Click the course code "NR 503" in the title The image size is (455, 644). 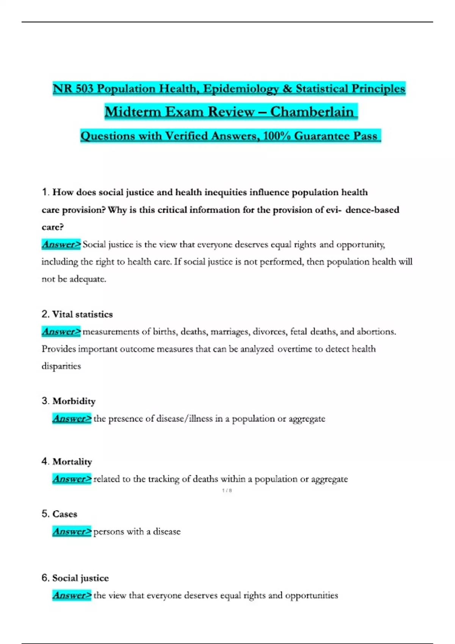[x=73, y=89]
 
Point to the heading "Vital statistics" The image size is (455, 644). [x=82, y=314]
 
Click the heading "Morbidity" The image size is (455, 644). [x=74, y=401]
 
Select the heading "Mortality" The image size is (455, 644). [x=72, y=462]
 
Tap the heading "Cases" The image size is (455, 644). [x=65, y=514]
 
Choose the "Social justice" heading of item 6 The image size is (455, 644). [x=80, y=578]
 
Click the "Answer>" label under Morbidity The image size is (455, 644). [x=72, y=419]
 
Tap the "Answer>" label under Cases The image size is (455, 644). [x=72, y=531]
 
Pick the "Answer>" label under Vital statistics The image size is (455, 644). [x=61, y=332]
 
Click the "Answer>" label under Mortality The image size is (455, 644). [x=72, y=479]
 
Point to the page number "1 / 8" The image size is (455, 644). [x=227, y=491]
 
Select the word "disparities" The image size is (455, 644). [x=61, y=366]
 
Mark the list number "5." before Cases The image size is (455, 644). [x=45, y=514]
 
